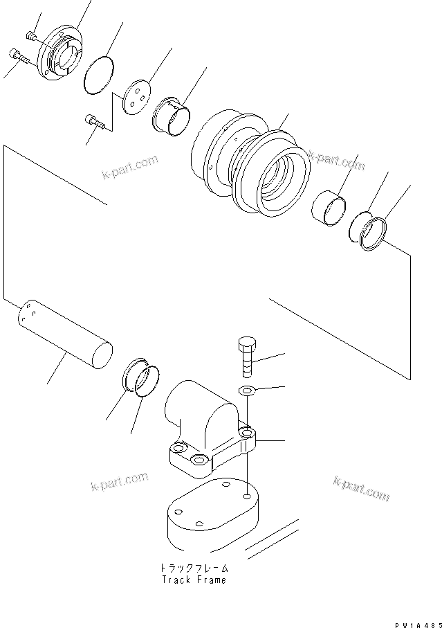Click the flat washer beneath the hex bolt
(x=248, y=392)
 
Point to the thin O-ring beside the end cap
(x=99, y=73)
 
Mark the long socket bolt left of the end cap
(x=19, y=57)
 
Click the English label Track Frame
(x=194, y=580)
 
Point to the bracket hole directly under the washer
(x=247, y=434)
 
